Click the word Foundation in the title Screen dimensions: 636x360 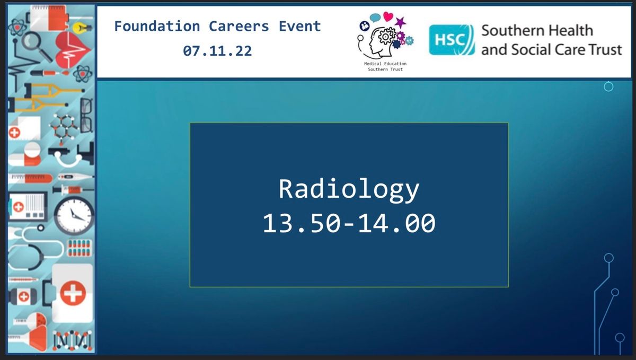pos(157,27)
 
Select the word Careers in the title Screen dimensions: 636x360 pos(239,27)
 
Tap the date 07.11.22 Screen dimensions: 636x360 pos(217,51)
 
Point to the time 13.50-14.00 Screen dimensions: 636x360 pos(349,223)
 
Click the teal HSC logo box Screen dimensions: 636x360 pos(452,40)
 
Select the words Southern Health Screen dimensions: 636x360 pos(537,30)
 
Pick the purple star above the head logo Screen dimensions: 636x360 pos(400,22)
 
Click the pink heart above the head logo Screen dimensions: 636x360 pos(388,16)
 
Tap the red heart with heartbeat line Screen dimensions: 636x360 pos(73,50)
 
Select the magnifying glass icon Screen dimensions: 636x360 pos(36,46)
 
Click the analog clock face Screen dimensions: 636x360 pos(74,216)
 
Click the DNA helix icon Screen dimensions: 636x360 pos(73,340)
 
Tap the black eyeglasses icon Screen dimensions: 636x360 pos(86,116)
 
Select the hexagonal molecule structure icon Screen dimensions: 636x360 pos(64,129)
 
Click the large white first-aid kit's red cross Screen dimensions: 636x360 pos(73,293)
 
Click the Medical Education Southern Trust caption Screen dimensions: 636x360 pos(385,66)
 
